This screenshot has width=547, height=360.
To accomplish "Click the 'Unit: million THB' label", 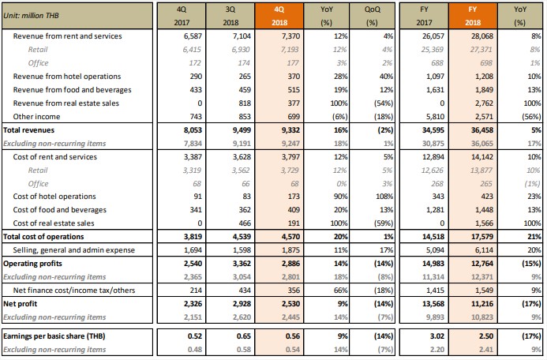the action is click(x=31, y=16).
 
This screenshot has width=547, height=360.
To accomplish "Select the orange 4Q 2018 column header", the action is click(x=279, y=16).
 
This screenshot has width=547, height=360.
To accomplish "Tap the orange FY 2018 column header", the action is click(x=473, y=16).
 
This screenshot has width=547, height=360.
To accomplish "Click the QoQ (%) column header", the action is click(x=373, y=16).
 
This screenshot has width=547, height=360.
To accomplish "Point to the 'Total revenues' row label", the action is click(x=28, y=130).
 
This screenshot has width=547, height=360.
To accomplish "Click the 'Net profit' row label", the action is click(x=20, y=304).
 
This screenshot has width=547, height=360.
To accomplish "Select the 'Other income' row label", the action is click(x=36, y=117).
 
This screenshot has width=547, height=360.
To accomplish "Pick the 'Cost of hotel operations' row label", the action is click(x=54, y=197).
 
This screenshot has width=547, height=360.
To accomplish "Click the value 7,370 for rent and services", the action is click(x=290, y=36).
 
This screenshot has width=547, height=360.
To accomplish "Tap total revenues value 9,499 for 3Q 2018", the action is click(x=242, y=130).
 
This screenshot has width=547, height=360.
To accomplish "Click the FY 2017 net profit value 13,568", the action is click(x=433, y=304).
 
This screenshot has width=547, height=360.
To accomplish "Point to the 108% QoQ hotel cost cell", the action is click(x=384, y=197).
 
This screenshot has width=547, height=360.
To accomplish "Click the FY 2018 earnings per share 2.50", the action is click(x=486, y=336).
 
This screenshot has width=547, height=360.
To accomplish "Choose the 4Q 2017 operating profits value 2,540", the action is click(x=193, y=264).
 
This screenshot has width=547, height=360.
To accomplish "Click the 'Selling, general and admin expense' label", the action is click(x=74, y=250).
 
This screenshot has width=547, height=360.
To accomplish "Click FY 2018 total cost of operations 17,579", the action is click(x=482, y=237).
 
